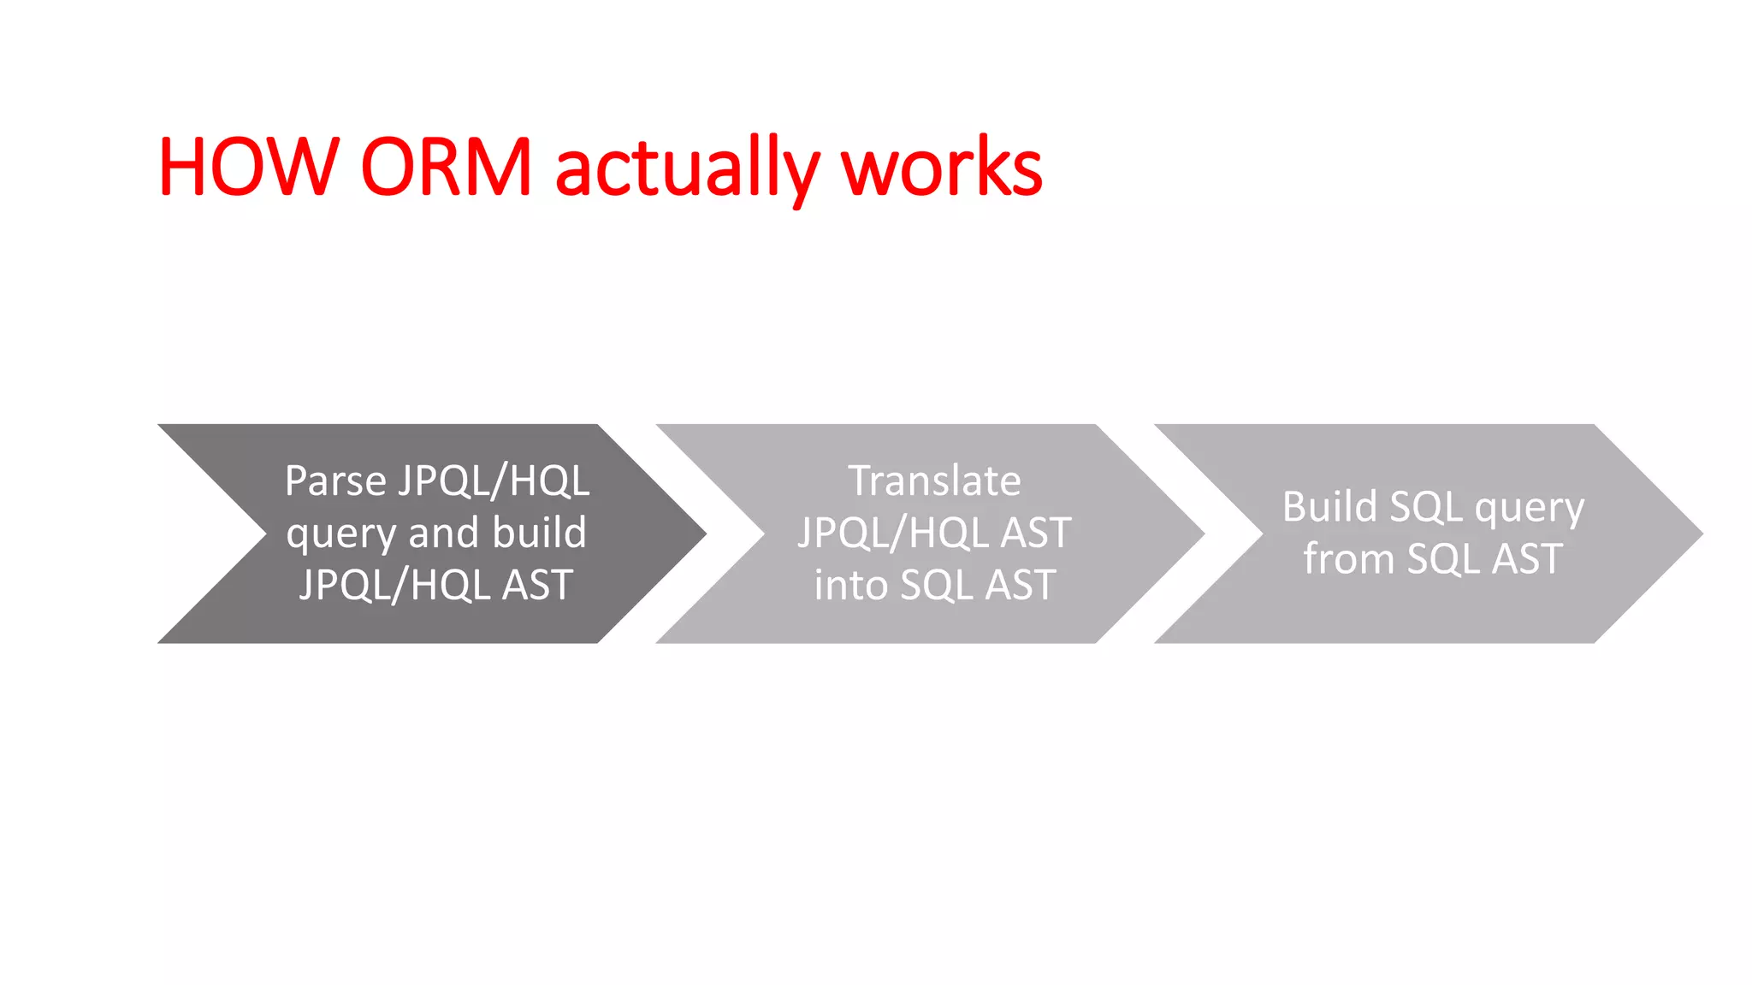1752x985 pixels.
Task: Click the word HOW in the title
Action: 249,167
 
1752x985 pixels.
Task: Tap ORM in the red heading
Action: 447,167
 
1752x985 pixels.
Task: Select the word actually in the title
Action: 687,168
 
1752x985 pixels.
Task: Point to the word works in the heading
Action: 942,167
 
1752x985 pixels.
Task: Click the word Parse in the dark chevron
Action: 335,481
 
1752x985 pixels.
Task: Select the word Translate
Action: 934,481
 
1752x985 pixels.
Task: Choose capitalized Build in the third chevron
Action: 1329,507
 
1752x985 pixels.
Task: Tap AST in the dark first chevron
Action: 537,586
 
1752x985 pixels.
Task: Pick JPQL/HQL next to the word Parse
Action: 494,481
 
